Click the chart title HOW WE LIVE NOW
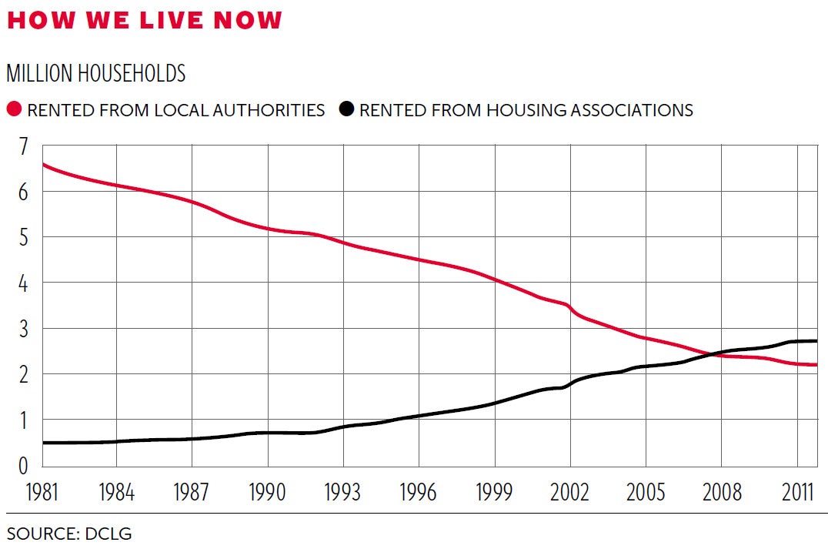(x=145, y=20)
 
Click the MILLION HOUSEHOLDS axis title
(x=96, y=73)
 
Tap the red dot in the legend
(x=14, y=109)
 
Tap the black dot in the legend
(x=346, y=109)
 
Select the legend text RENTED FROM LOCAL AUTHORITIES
(x=176, y=110)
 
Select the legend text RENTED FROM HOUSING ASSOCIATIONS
(x=526, y=110)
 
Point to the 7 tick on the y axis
(x=22, y=146)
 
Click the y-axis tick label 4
(x=22, y=283)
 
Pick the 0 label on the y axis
(x=22, y=465)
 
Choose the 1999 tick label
(x=494, y=491)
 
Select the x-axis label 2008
(x=721, y=491)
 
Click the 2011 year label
(x=796, y=491)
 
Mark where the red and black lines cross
(x=713, y=353)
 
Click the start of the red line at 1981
(x=43, y=164)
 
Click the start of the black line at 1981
(x=43, y=443)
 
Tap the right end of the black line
(x=816, y=341)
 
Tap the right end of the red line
(x=816, y=365)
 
